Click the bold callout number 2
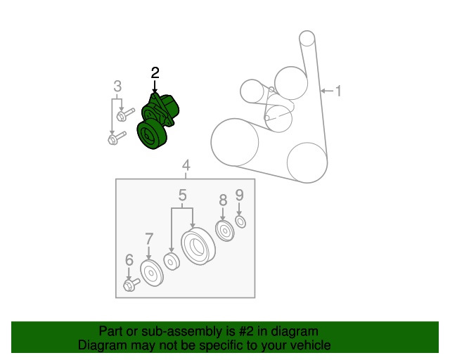[x=155, y=73]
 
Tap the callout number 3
[x=117, y=86]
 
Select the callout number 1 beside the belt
[x=339, y=91]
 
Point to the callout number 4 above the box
[x=186, y=166]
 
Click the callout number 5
[x=183, y=195]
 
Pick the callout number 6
[x=129, y=260]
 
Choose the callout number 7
[x=149, y=239]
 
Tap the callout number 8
[x=223, y=200]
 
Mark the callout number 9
[x=239, y=195]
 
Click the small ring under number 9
[x=240, y=221]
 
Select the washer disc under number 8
[x=225, y=231]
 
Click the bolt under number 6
[x=131, y=284]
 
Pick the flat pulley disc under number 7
[x=152, y=273]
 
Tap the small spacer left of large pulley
[x=172, y=262]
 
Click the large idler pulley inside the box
[x=198, y=246]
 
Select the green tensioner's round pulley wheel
[x=152, y=134]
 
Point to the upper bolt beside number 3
[x=125, y=115]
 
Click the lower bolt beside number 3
[x=117, y=138]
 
